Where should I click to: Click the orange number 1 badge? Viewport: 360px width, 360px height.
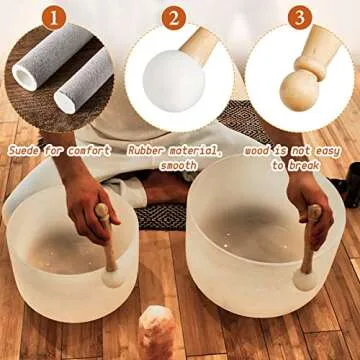pyautogui.click(x=57, y=18)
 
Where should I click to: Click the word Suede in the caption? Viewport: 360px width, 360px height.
pyautogui.click(x=27, y=150)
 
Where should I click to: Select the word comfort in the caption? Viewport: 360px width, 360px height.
pyautogui.click(x=93, y=150)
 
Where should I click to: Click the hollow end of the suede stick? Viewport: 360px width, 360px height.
pyautogui.click(x=66, y=100)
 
